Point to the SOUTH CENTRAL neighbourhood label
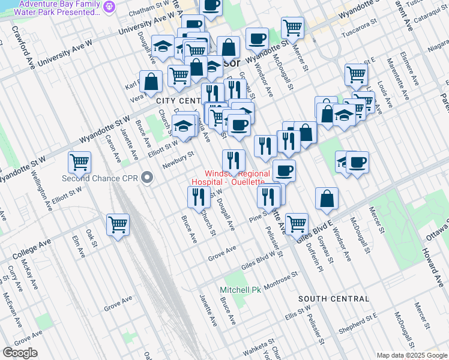[333, 299]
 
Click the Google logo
[20, 352]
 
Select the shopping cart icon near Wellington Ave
[79, 161]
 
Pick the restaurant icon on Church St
[198, 196]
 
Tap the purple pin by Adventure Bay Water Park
[109, 7]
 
